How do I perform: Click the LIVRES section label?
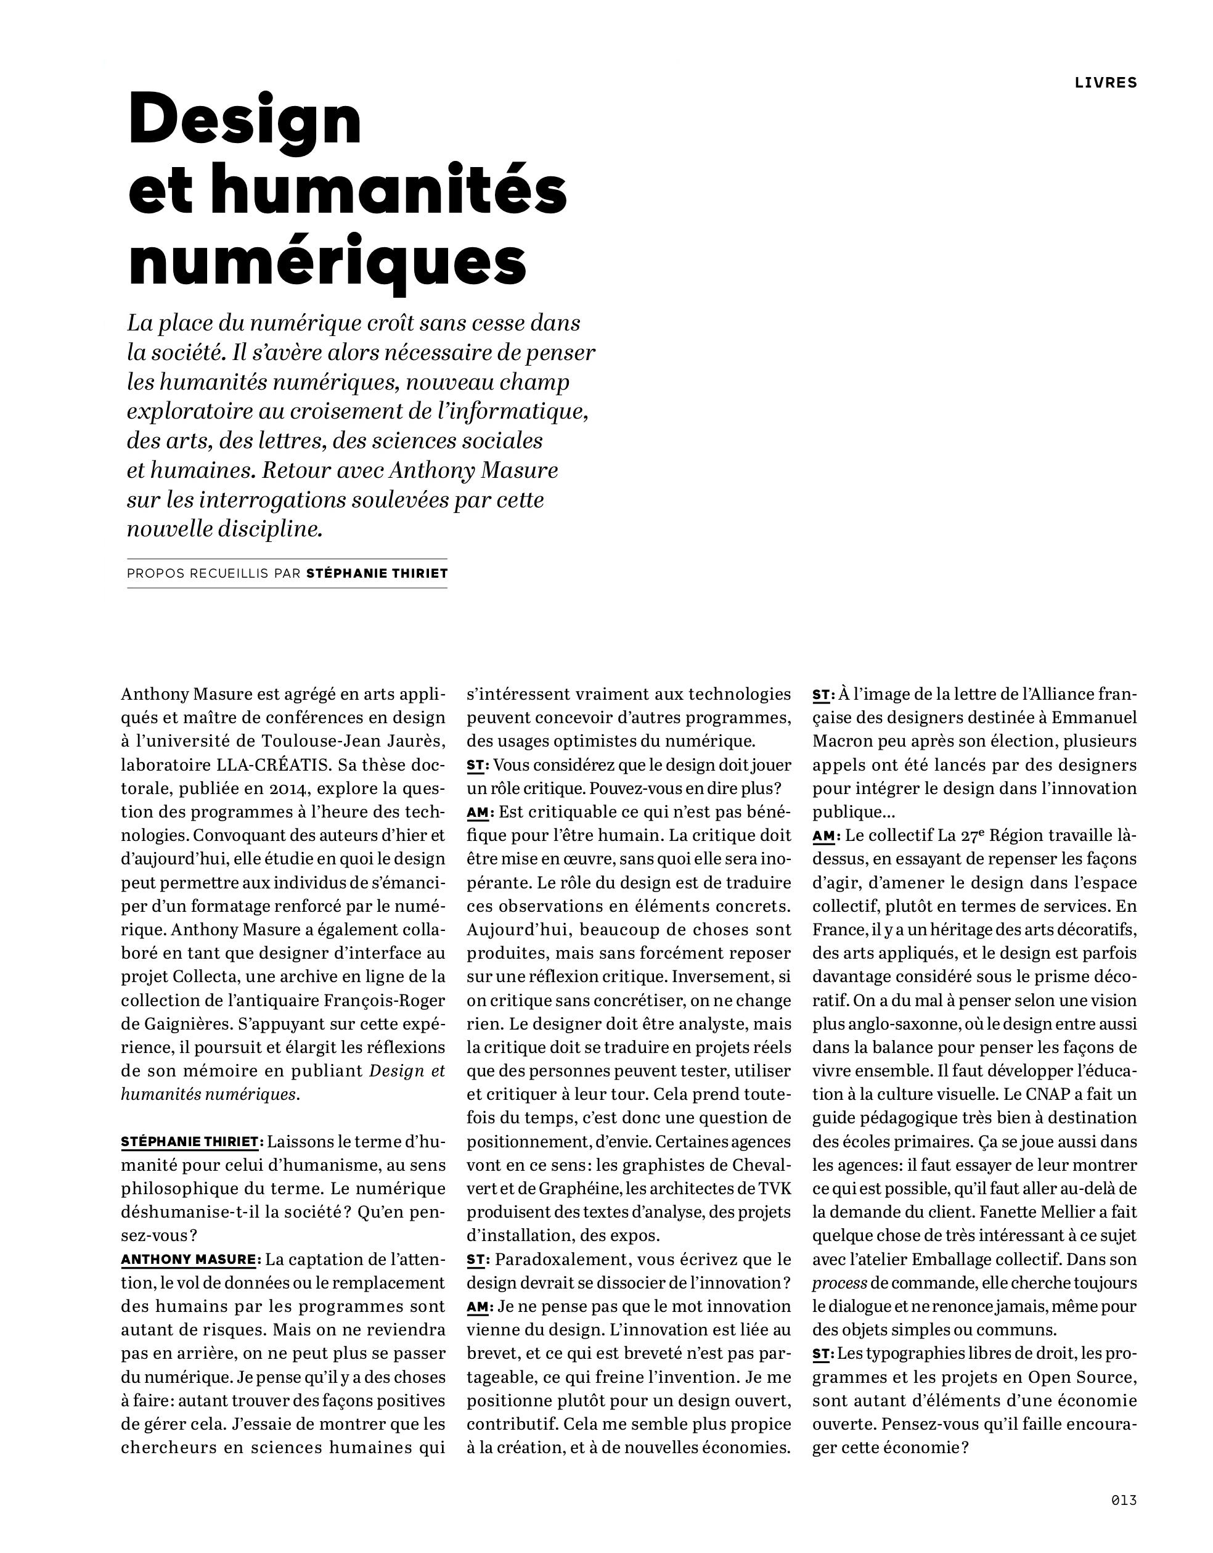1106,83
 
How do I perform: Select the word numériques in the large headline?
328,264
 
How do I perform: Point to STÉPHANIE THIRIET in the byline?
376,573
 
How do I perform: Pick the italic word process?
839,1283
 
